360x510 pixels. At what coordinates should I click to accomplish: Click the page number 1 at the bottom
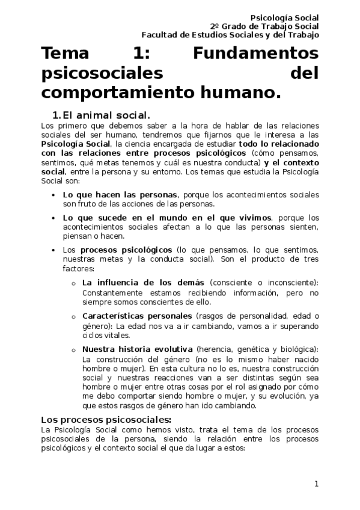tap(316, 484)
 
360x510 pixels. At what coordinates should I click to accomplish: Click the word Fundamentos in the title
tap(256, 54)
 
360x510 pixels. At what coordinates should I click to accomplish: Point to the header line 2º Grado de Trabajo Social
tap(264, 26)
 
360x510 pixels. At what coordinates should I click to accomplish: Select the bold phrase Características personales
tap(137, 316)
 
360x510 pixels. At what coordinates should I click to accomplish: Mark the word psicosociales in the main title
tap(103, 73)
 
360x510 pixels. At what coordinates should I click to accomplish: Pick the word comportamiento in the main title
tap(124, 93)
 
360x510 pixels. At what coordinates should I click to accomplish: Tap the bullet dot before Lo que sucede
tap(55, 218)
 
